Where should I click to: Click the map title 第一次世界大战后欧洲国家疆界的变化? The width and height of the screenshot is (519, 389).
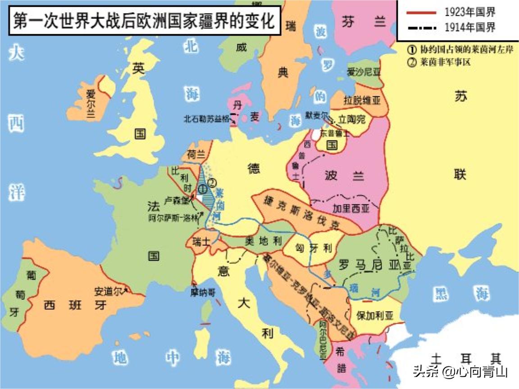[143, 21]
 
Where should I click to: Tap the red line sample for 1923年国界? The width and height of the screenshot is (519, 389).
[421, 12]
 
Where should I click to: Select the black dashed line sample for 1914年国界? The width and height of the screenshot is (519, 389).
[421, 28]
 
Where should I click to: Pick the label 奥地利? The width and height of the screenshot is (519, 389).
[263, 241]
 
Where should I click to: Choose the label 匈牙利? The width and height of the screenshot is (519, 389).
[314, 248]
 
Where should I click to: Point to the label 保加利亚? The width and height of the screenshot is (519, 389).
[374, 316]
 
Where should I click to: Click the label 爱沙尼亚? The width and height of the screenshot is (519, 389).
[364, 72]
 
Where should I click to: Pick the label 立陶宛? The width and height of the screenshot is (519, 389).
[352, 119]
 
